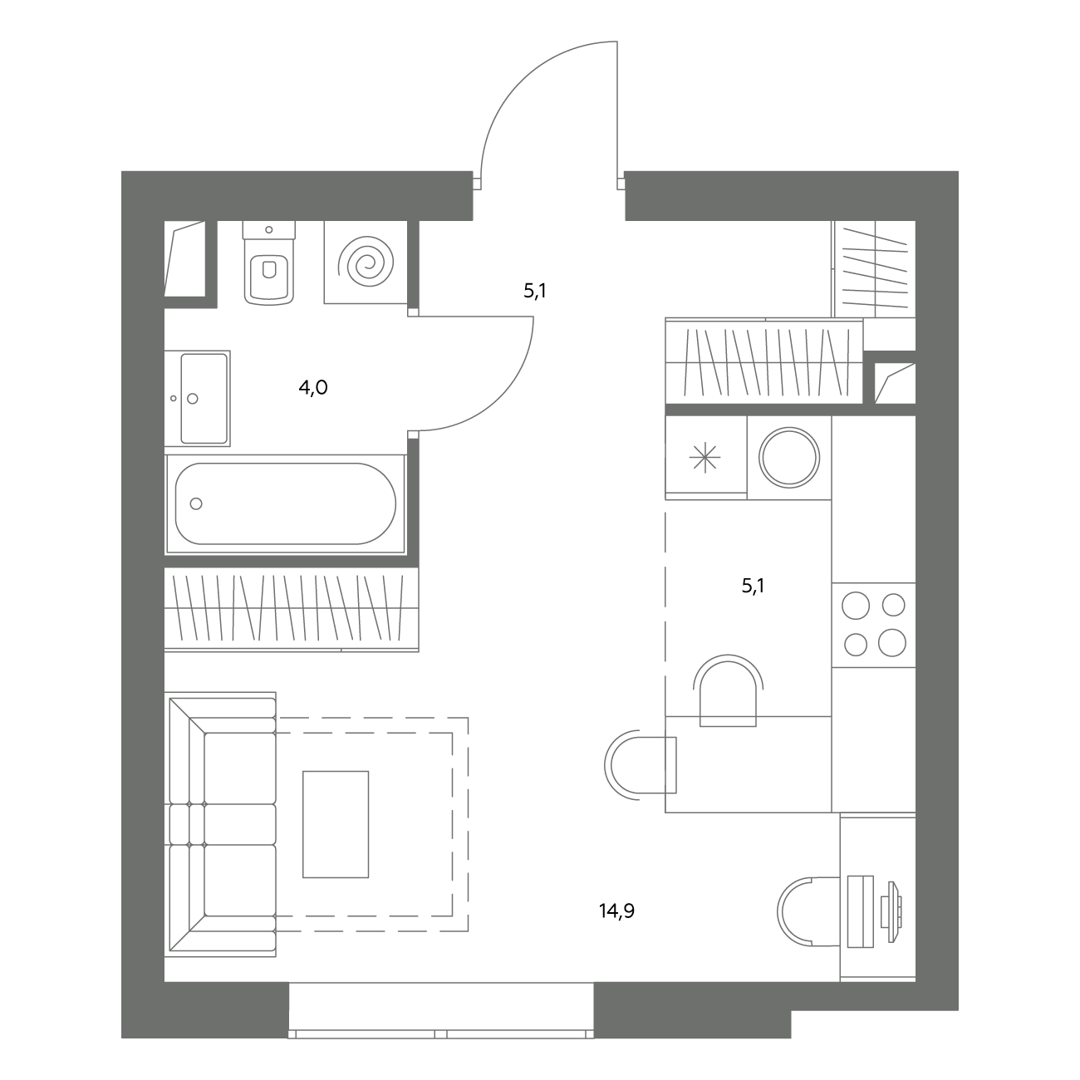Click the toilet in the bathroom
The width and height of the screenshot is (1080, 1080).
click(269, 263)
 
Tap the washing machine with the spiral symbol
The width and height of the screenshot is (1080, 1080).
click(366, 263)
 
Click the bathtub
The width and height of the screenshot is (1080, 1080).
click(285, 503)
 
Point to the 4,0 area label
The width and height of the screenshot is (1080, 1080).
click(312, 387)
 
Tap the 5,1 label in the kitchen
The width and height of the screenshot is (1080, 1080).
click(754, 587)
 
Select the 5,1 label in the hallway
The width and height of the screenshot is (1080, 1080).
click(535, 291)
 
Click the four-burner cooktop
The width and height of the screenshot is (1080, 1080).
click(874, 625)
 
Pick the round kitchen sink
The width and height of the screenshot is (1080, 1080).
click(789, 457)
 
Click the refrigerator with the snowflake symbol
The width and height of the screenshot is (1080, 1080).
click(705, 457)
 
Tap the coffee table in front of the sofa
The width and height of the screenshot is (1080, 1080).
click(336, 824)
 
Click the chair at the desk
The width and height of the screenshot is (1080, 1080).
click(809, 912)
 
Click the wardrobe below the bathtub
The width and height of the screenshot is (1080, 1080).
click(292, 609)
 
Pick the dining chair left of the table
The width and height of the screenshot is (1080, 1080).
click(640, 765)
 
